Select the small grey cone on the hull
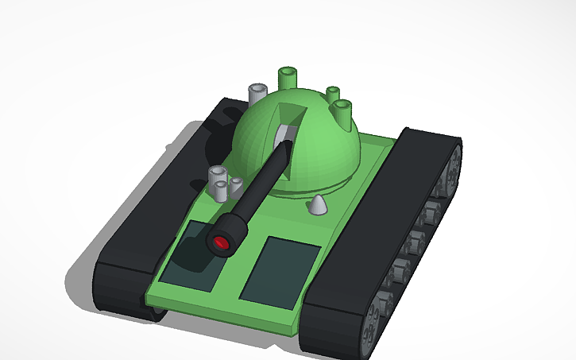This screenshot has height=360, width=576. click(x=318, y=205)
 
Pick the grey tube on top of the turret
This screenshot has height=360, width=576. click(x=257, y=93)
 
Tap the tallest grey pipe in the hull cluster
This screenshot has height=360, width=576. click(x=216, y=178)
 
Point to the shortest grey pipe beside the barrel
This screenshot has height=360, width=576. click(x=236, y=185)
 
